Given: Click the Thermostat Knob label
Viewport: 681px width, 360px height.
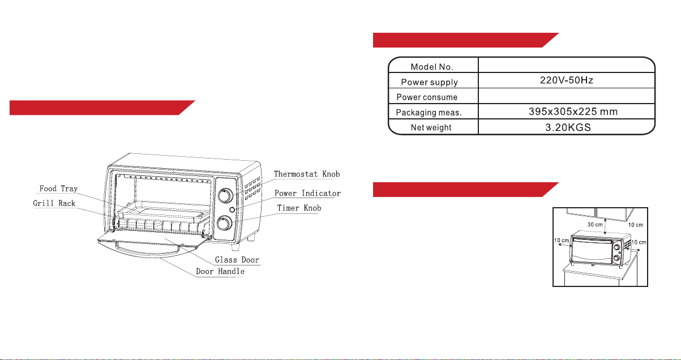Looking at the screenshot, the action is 307,174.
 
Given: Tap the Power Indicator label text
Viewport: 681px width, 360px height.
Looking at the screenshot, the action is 307,193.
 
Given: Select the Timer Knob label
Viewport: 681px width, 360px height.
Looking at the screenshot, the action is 299,208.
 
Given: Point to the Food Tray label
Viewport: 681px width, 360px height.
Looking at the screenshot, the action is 58,188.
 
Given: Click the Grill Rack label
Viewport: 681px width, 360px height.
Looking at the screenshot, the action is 54,203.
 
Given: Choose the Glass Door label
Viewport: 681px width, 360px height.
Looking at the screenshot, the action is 237,260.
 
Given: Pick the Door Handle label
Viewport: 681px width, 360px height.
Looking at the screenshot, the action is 220,271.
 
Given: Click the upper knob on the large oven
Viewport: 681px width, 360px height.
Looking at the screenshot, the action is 225,195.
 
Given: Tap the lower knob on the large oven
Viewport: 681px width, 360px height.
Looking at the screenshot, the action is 225,224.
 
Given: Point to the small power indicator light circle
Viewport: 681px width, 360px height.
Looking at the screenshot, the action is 232,209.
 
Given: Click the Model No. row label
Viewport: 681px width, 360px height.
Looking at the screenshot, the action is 432,67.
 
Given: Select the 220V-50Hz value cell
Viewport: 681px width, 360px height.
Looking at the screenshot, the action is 567,80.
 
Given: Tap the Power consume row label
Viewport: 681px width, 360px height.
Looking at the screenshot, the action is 427,97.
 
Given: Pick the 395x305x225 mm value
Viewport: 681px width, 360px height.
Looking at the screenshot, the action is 573,112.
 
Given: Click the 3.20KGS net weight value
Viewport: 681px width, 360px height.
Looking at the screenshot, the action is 568,127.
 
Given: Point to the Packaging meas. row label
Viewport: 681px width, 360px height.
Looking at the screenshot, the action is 429,113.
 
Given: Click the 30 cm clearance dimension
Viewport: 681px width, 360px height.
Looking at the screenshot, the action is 595,225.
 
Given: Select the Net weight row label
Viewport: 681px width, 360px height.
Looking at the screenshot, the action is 431,127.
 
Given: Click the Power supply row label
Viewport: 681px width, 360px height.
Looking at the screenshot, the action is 429,82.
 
